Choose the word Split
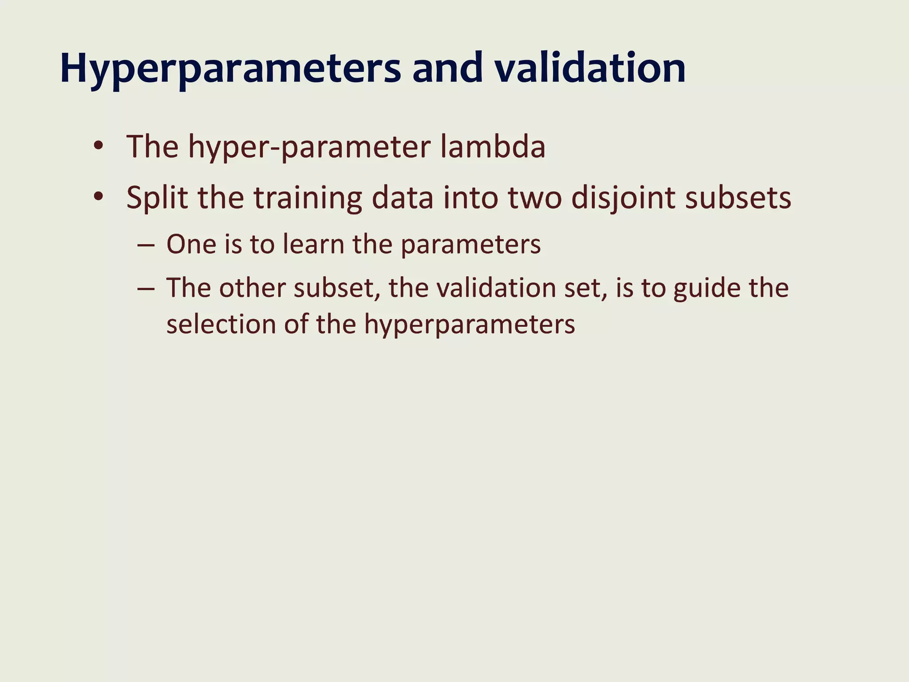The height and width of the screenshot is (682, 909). click(x=157, y=198)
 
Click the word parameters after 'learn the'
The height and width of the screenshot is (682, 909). click(x=470, y=245)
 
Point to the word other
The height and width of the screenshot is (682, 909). click(x=252, y=288)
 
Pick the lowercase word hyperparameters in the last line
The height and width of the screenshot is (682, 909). click(x=470, y=325)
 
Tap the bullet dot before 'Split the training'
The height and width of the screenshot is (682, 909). click(x=99, y=196)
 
